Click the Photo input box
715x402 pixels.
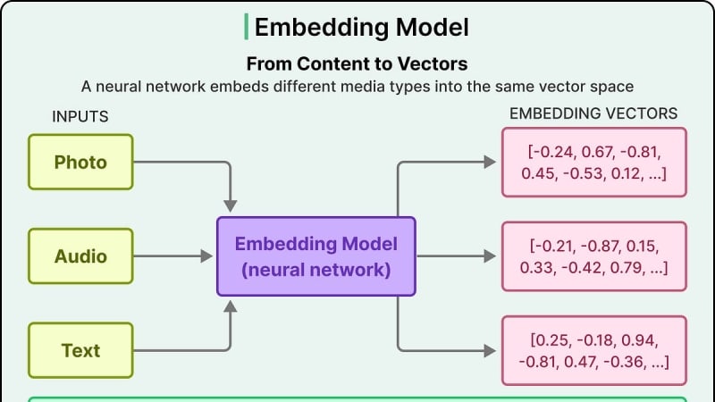pos(80,162)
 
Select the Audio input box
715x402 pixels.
pos(80,256)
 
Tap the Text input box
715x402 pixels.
pos(80,350)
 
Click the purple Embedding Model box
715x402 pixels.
pos(316,256)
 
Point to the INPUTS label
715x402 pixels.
pos(80,117)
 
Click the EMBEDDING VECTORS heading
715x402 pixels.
pos(593,113)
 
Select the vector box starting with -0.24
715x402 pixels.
pos(594,163)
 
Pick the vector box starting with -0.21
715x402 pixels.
pos(594,256)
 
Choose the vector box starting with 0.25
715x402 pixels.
pos(594,350)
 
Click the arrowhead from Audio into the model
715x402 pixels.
pos(206,256)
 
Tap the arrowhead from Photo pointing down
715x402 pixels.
pos(231,206)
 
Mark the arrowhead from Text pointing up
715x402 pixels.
pos(231,306)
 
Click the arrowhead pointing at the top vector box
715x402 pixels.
pos(490,162)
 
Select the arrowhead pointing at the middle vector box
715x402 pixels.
pos(490,256)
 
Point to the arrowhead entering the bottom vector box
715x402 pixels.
pos(490,350)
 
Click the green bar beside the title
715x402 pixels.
pos(247,27)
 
